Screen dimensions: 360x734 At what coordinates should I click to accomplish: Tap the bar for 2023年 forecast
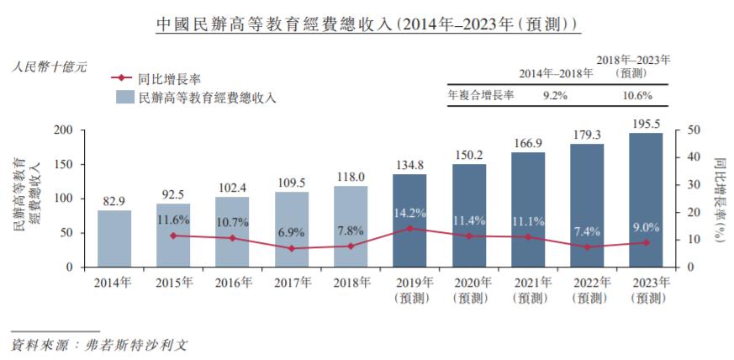[645, 199]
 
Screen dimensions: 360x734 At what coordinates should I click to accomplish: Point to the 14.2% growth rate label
[409, 213]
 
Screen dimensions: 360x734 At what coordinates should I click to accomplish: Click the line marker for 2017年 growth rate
[291, 248]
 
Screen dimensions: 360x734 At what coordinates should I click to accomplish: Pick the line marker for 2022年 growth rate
[586, 247]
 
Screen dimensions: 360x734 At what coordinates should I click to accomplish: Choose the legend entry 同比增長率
[167, 78]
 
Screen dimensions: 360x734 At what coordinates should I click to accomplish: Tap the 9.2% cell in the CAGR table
[554, 96]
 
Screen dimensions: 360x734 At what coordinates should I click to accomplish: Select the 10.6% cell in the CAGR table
[636, 96]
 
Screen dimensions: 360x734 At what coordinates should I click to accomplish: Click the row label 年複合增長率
[481, 96]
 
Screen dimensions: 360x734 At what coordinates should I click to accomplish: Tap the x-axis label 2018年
[350, 283]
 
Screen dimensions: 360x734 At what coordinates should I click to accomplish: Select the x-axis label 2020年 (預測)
[467, 290]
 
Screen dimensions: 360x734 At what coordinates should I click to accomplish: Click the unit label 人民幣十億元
[50, 66]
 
